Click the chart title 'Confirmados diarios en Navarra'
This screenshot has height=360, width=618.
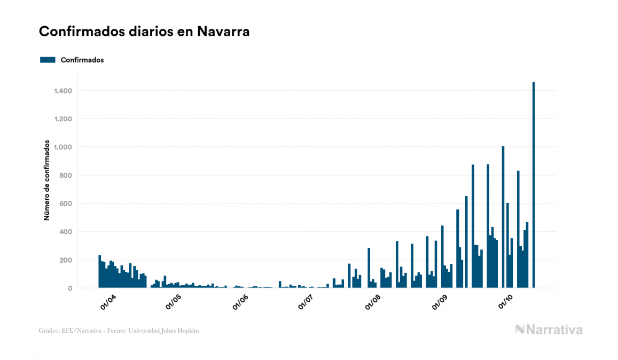coord(144,32)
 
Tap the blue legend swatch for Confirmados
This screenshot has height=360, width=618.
coord(48,60)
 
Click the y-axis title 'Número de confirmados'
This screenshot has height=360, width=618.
coord(47,181)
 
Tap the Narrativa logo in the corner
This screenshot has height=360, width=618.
coord(549,330)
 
